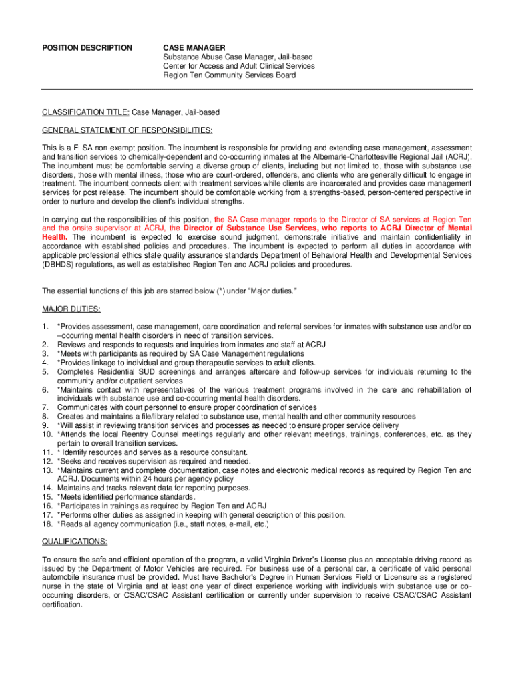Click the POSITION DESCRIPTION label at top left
coord(87,47)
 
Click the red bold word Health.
coord(55,237)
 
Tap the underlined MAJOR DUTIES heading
coord(71,309)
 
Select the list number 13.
coord(47,470)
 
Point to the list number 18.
coord(47,524)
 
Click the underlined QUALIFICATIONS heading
coord(74,542)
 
